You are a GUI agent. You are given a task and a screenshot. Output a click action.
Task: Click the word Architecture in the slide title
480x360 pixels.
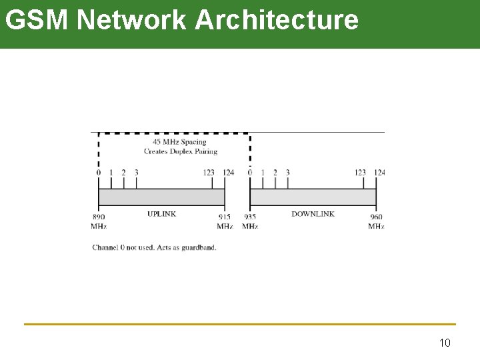(x=277, y=20)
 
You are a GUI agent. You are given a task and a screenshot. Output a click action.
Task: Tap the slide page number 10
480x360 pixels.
(x=445, y=343)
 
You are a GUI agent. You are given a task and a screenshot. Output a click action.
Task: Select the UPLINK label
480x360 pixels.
(x=161, y=214)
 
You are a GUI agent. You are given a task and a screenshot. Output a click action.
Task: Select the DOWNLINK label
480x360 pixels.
(x=313, y=214)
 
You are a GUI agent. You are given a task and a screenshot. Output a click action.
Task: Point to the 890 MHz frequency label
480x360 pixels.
(x=99, y=221)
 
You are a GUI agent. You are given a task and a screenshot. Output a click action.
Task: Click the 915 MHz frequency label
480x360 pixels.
(x=225, y=221)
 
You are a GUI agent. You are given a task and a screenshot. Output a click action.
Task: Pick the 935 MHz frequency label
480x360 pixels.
(x=250, y=221)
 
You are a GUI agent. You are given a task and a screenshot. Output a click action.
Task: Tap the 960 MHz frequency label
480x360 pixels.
(x=376, y=221)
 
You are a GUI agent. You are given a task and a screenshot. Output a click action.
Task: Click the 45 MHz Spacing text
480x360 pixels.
(x=179, y=141)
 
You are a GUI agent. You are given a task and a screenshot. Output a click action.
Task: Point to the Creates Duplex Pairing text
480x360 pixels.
(x=180, y=151)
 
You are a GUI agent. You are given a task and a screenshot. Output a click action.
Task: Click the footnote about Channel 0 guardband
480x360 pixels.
(x=154, y=247)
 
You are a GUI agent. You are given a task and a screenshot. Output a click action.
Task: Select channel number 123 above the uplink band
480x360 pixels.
(x=209, y=173)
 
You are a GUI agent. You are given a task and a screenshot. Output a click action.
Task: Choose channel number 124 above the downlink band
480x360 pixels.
(x=379, y=173)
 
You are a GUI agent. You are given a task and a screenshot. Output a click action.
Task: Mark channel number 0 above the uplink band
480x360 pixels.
(x=99, y=173)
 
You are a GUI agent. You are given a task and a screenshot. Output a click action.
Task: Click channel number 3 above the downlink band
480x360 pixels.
(x=287, y=173)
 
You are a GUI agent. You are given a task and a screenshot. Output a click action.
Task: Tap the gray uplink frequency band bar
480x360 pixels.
(x=161, y=197)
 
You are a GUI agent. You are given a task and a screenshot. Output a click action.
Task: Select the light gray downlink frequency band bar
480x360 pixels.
(x=313, y=197)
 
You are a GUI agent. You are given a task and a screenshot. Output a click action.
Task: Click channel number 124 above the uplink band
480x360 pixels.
(x=228, y=173)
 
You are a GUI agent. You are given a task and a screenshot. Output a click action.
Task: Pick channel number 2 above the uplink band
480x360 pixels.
(x=123, y=173)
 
